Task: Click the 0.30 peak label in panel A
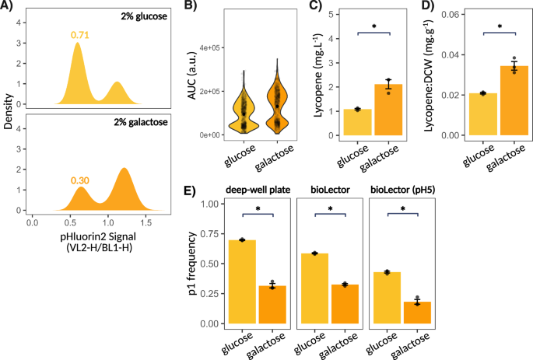click(x=81, y=181)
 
